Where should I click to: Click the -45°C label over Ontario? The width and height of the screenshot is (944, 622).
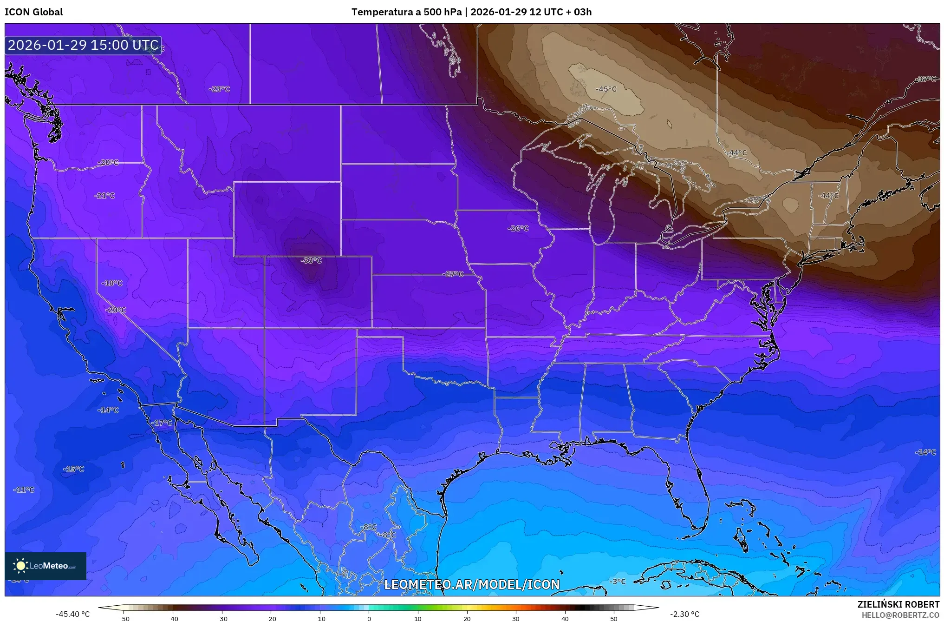coord(606,89)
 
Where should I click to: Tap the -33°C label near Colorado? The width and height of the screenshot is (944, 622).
coord(311,260)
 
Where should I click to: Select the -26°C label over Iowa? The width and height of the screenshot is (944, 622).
coord(518,228)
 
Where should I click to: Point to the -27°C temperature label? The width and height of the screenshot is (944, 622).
coord(454,274)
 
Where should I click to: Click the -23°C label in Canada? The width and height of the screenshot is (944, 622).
coord(219,89)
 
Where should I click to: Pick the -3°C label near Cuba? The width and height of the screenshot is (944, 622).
coord(618,582)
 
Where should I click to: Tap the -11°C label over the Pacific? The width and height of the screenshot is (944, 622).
coord(24,490)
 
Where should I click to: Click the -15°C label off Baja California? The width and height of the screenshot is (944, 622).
coord(74,469)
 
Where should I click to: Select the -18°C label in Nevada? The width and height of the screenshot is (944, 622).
coord(112,283)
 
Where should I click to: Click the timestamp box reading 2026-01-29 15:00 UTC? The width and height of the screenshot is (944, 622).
coord(83,45)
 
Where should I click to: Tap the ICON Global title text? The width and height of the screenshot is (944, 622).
coord(33,12)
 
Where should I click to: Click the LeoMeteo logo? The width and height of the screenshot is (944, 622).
coord(46,566)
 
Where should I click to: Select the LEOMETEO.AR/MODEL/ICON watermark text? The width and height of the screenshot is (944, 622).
coord(472,584)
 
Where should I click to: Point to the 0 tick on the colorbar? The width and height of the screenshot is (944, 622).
coord(369,618)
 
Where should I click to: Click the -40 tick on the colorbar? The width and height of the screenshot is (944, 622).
coord(173,618)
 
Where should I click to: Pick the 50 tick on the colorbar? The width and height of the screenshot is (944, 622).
coord(614,618)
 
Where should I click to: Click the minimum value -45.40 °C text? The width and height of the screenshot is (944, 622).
coord(72,614)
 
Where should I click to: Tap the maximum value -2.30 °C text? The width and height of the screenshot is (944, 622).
coord(684,614)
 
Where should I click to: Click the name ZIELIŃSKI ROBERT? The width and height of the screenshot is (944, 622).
coord(898,604)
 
